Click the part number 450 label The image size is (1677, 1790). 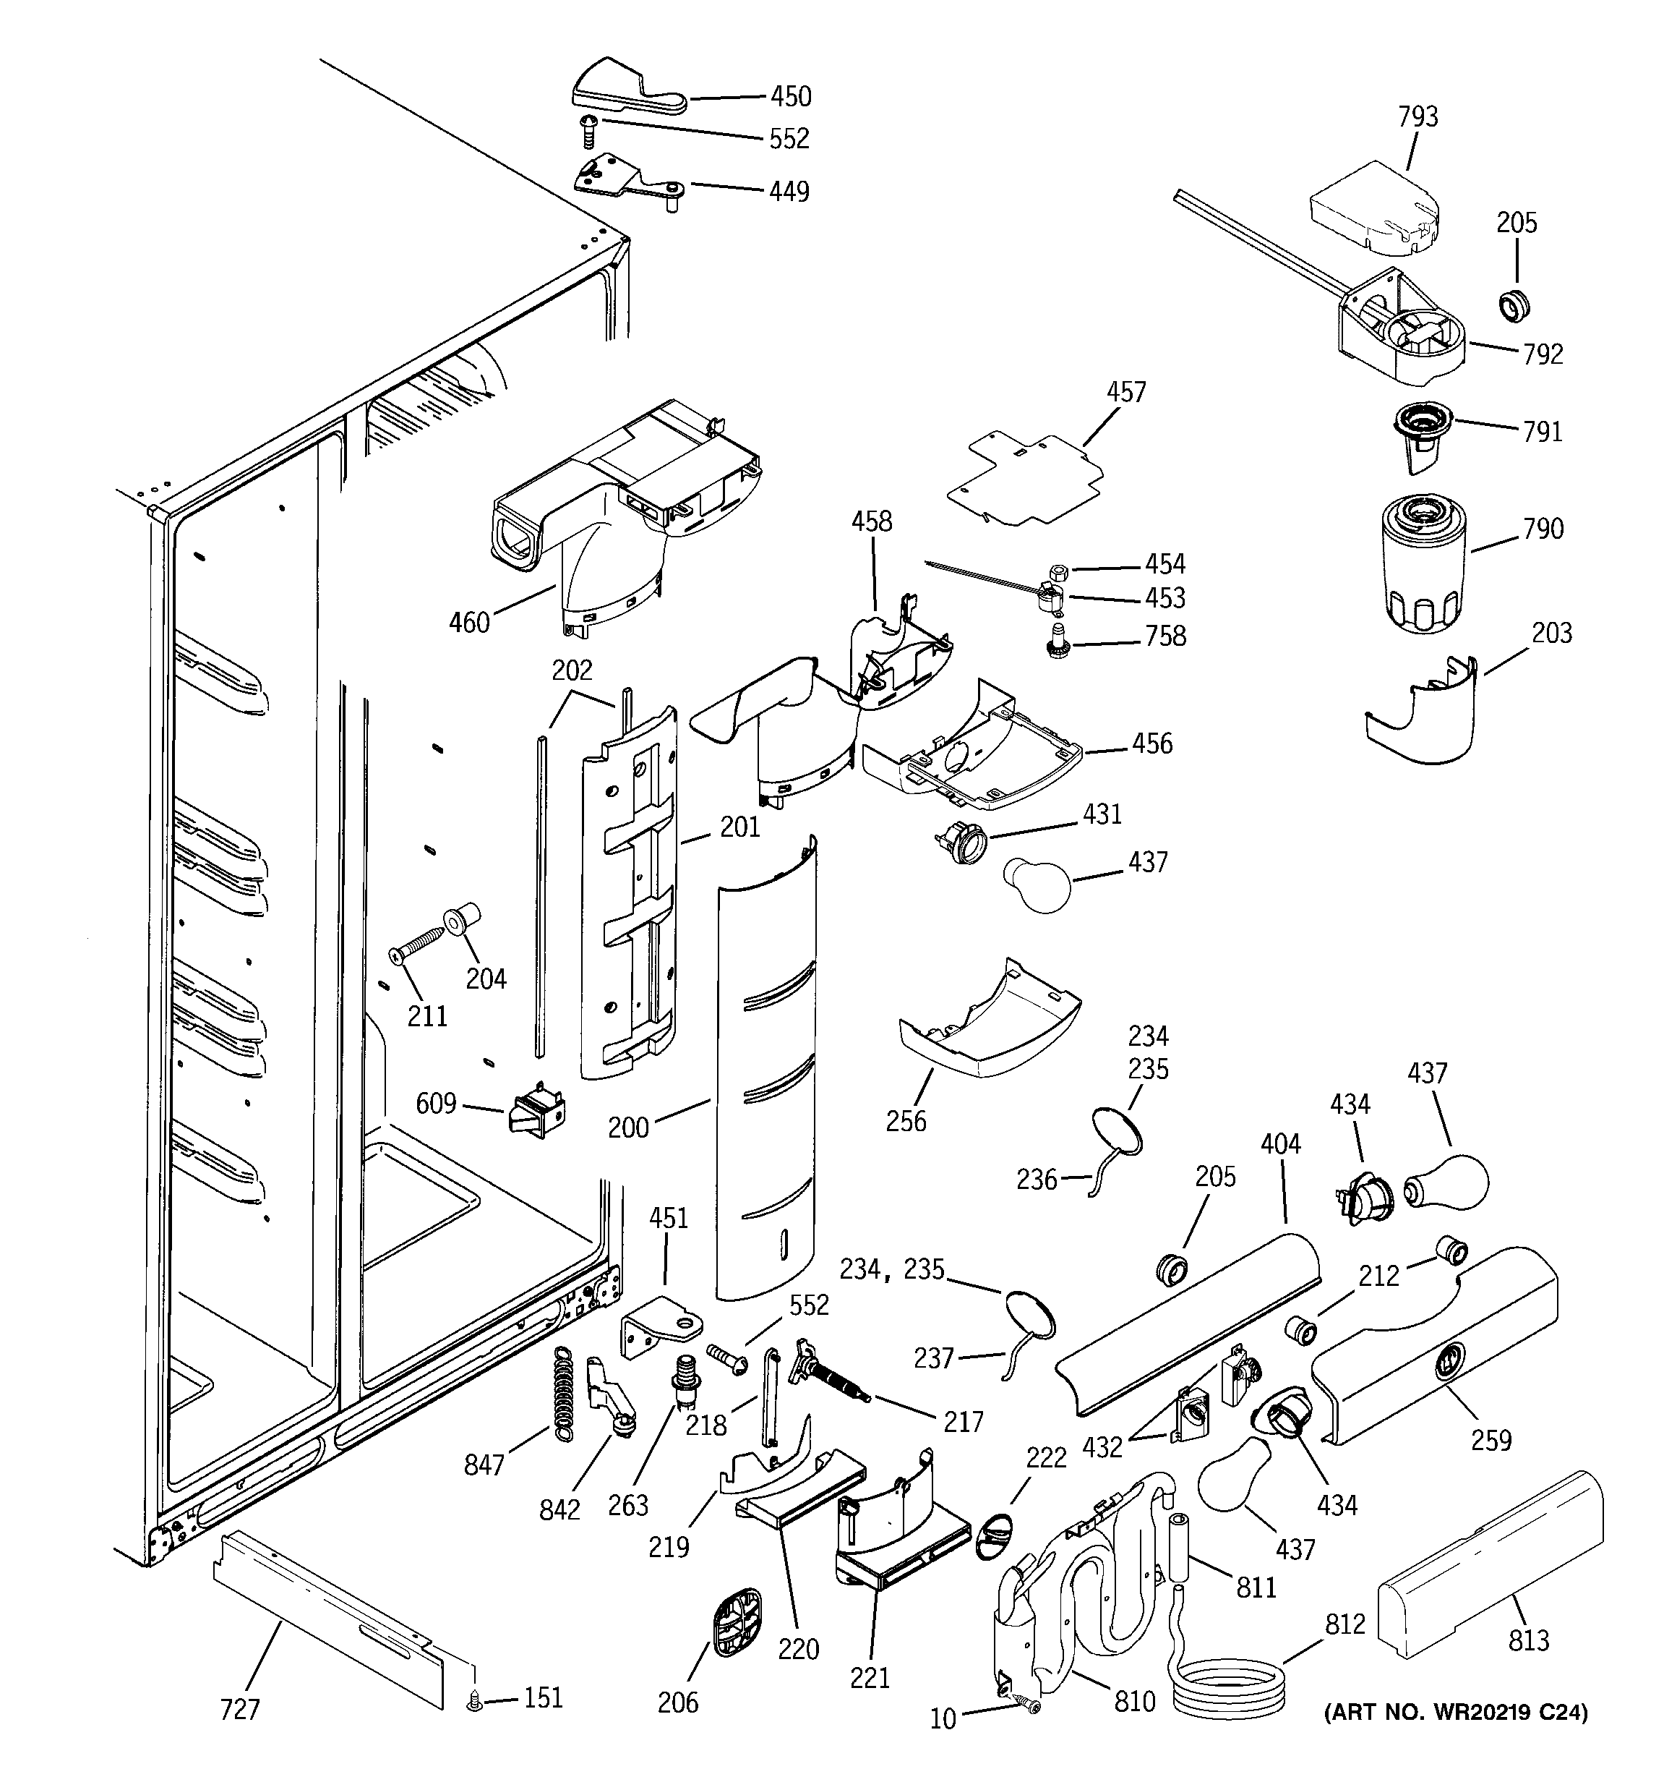tap(790, 96)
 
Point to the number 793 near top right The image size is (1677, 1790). tap(1417, 117)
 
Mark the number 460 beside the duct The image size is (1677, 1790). tap(469, 622)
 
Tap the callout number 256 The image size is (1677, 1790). tap(906, 1121)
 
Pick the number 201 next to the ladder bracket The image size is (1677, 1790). tap(740, 827)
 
